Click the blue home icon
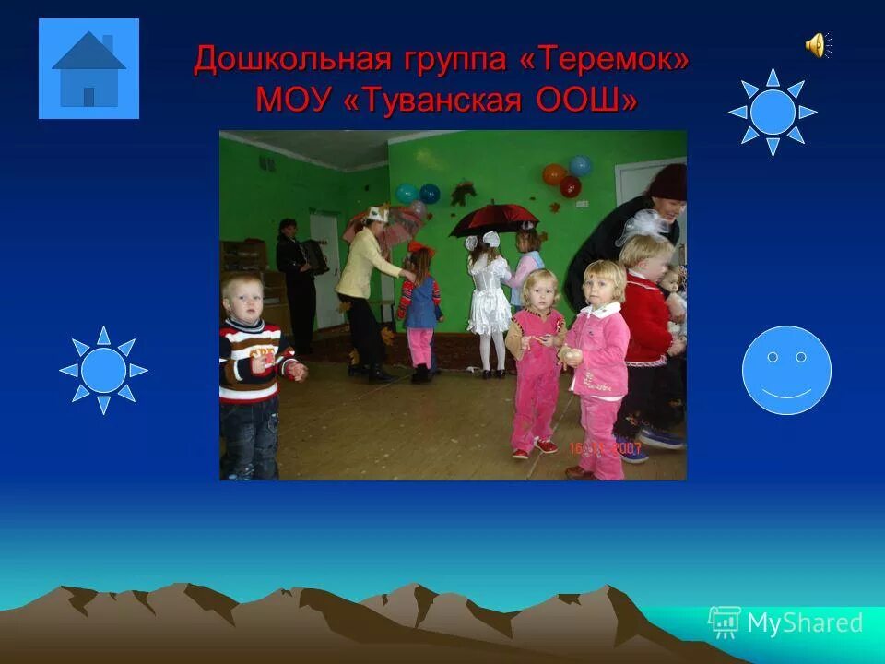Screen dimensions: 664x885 point(88,69)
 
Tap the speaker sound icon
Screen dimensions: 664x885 point(817,44)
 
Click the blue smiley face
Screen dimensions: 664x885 point(786,370)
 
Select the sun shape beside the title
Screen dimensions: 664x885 point(773,112)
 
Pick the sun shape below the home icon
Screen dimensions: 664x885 point(103,370)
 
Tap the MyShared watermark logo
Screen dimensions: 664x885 point(785,622)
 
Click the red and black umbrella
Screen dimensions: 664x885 point(493,218)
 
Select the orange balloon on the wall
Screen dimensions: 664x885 point(554,174)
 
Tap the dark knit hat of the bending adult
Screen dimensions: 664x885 point(667,182)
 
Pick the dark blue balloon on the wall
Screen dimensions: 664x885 point(430,194)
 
